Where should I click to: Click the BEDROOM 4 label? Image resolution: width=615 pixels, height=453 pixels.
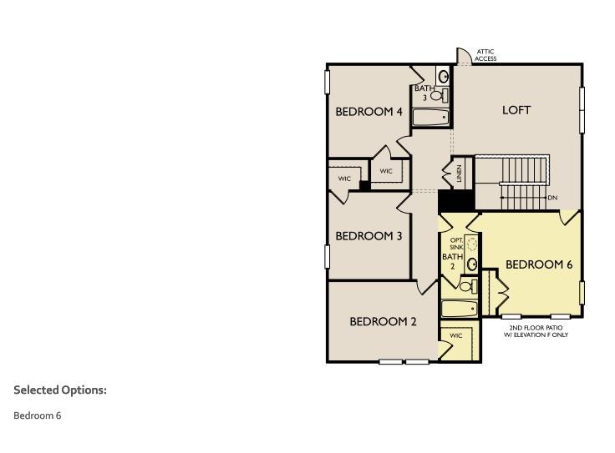pyautogui.click(x=369, y=111)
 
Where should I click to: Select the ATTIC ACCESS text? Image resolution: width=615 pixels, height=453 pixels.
pyautogui.click(x=486, y=55)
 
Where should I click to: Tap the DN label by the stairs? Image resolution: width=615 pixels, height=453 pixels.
pyautogui.click(x=552, y=198)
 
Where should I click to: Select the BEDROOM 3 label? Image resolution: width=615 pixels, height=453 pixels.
pyautogui.click(x=368, y=236)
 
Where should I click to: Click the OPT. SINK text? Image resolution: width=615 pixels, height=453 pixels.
pyautogui.click(x=456, y=244)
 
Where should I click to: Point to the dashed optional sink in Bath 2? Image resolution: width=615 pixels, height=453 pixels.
pyautogui.click(x=472, y=244)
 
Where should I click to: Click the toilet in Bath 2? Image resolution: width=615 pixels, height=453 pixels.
pyautogui.click(x=467, y=286)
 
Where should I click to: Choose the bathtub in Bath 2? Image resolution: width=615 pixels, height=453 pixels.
pyautogui.click(x=459, y=309)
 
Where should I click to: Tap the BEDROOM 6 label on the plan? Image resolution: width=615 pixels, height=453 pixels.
pyautogui.click(x=539, y=264)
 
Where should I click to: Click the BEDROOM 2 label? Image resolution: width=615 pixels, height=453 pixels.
pyautogui.click(x=383, y=321)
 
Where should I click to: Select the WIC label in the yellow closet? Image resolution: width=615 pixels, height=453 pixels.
pyautogui.click(x=455, y=335)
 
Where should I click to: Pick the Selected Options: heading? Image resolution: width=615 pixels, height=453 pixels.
pyautogui.click(x=60, y=390)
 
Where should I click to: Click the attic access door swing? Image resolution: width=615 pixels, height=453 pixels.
pyautogui.click(x=462, y=56)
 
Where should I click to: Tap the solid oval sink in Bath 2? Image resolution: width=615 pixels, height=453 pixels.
pyautogui.click(x=472, y=264)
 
